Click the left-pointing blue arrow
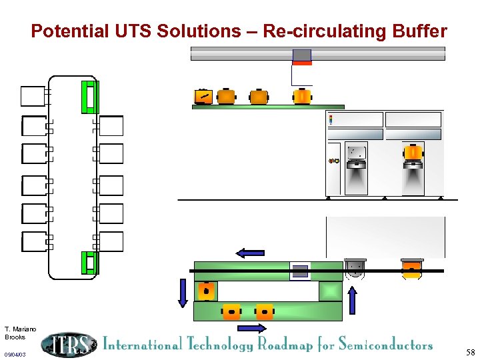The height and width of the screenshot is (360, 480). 251,253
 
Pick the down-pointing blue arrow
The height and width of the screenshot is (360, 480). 183,293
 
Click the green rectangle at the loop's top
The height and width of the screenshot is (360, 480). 89,97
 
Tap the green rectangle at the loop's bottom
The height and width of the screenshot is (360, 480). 89,263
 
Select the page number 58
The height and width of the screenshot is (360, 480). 471,352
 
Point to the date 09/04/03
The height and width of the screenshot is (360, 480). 15,355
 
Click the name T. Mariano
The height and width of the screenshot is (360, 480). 20,329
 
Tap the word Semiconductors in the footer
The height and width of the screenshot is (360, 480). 385,345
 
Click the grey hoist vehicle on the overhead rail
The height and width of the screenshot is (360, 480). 302,55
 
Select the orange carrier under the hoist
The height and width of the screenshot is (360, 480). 302,97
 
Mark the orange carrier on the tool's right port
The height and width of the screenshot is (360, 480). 413,153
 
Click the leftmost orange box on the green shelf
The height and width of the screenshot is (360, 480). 203,97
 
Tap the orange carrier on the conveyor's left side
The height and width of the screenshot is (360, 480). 206,291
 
